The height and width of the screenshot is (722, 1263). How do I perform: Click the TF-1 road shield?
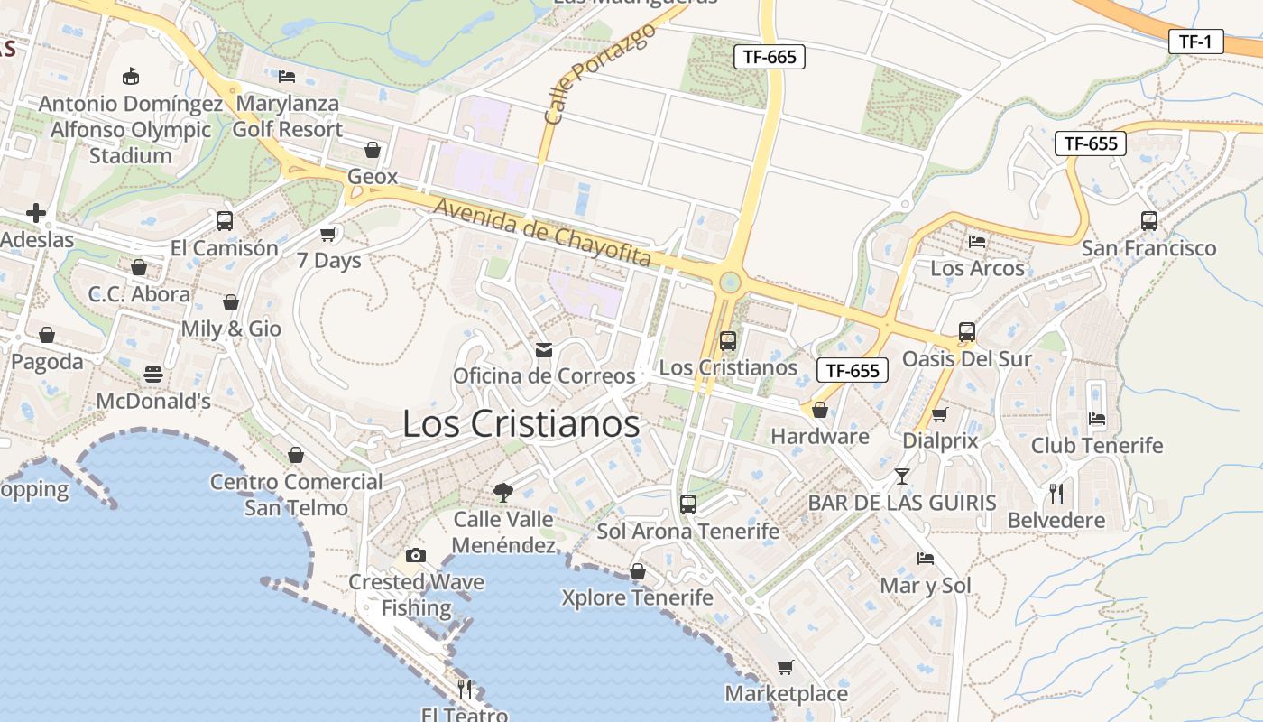pyautogui.click(x=1195, y=41)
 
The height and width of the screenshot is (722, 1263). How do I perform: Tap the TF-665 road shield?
pyautogui.click(x=769, y=57)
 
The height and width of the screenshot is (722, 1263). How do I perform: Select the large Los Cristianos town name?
pyautogui.click(x=521, y=424)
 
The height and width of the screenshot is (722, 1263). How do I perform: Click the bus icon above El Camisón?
pyautogui.click(x=225, y=220)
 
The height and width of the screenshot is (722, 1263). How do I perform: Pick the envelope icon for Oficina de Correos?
pyautogui.click(x=544, y=349)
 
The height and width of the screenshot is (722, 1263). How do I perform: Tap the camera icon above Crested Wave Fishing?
pyautogui.click(x=415, y=555)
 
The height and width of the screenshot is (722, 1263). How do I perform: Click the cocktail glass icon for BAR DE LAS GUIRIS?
pyautogui.click(x=901, y=476)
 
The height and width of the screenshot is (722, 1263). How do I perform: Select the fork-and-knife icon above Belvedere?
pyautogui.click(x=1056, y=493)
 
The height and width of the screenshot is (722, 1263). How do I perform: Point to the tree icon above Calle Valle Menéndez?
pyautogui.click(x=503, y=492)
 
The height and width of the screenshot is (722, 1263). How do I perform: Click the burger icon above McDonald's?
pyautogui.click(x=153, y=374)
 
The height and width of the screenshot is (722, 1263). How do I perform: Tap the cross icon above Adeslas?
pyautogui.click(x=36, y=213)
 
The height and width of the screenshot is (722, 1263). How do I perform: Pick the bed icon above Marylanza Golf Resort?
pyautogui.click(x=287, y=77)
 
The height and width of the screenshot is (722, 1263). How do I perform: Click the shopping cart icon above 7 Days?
pyautogui.click(x=328, y=235)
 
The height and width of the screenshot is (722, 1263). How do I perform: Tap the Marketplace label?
pyautogui.click(x=787, y=694)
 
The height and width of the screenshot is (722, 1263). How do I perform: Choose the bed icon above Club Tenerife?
pyautogui.click(x=1097, y=419)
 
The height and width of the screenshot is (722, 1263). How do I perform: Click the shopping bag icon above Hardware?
pyautogui.click(x=820, y=411)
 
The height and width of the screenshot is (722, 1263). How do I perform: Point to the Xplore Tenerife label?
pyautogui.click(x=637, y=597)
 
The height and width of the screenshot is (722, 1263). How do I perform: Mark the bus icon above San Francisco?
pyautogui.click(x=1149, y=220)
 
